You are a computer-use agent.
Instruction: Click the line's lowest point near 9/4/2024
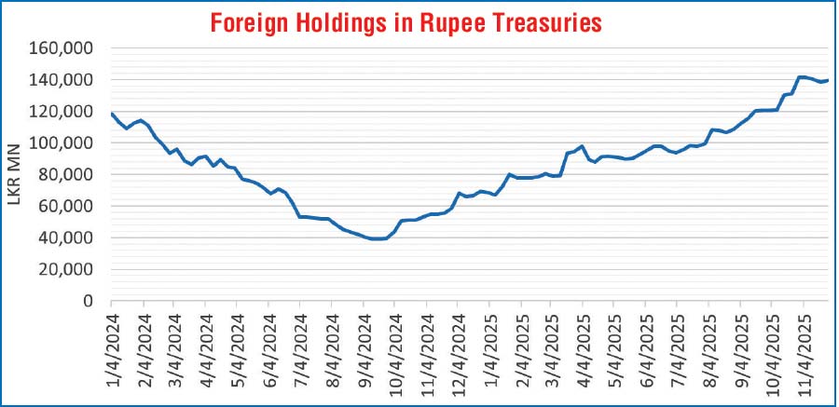click(375, 239)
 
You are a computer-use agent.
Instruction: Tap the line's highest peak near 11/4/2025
click(802, 76)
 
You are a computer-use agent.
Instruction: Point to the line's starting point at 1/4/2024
click(111, 114)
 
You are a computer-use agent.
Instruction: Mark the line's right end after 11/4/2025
click(828, 80)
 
